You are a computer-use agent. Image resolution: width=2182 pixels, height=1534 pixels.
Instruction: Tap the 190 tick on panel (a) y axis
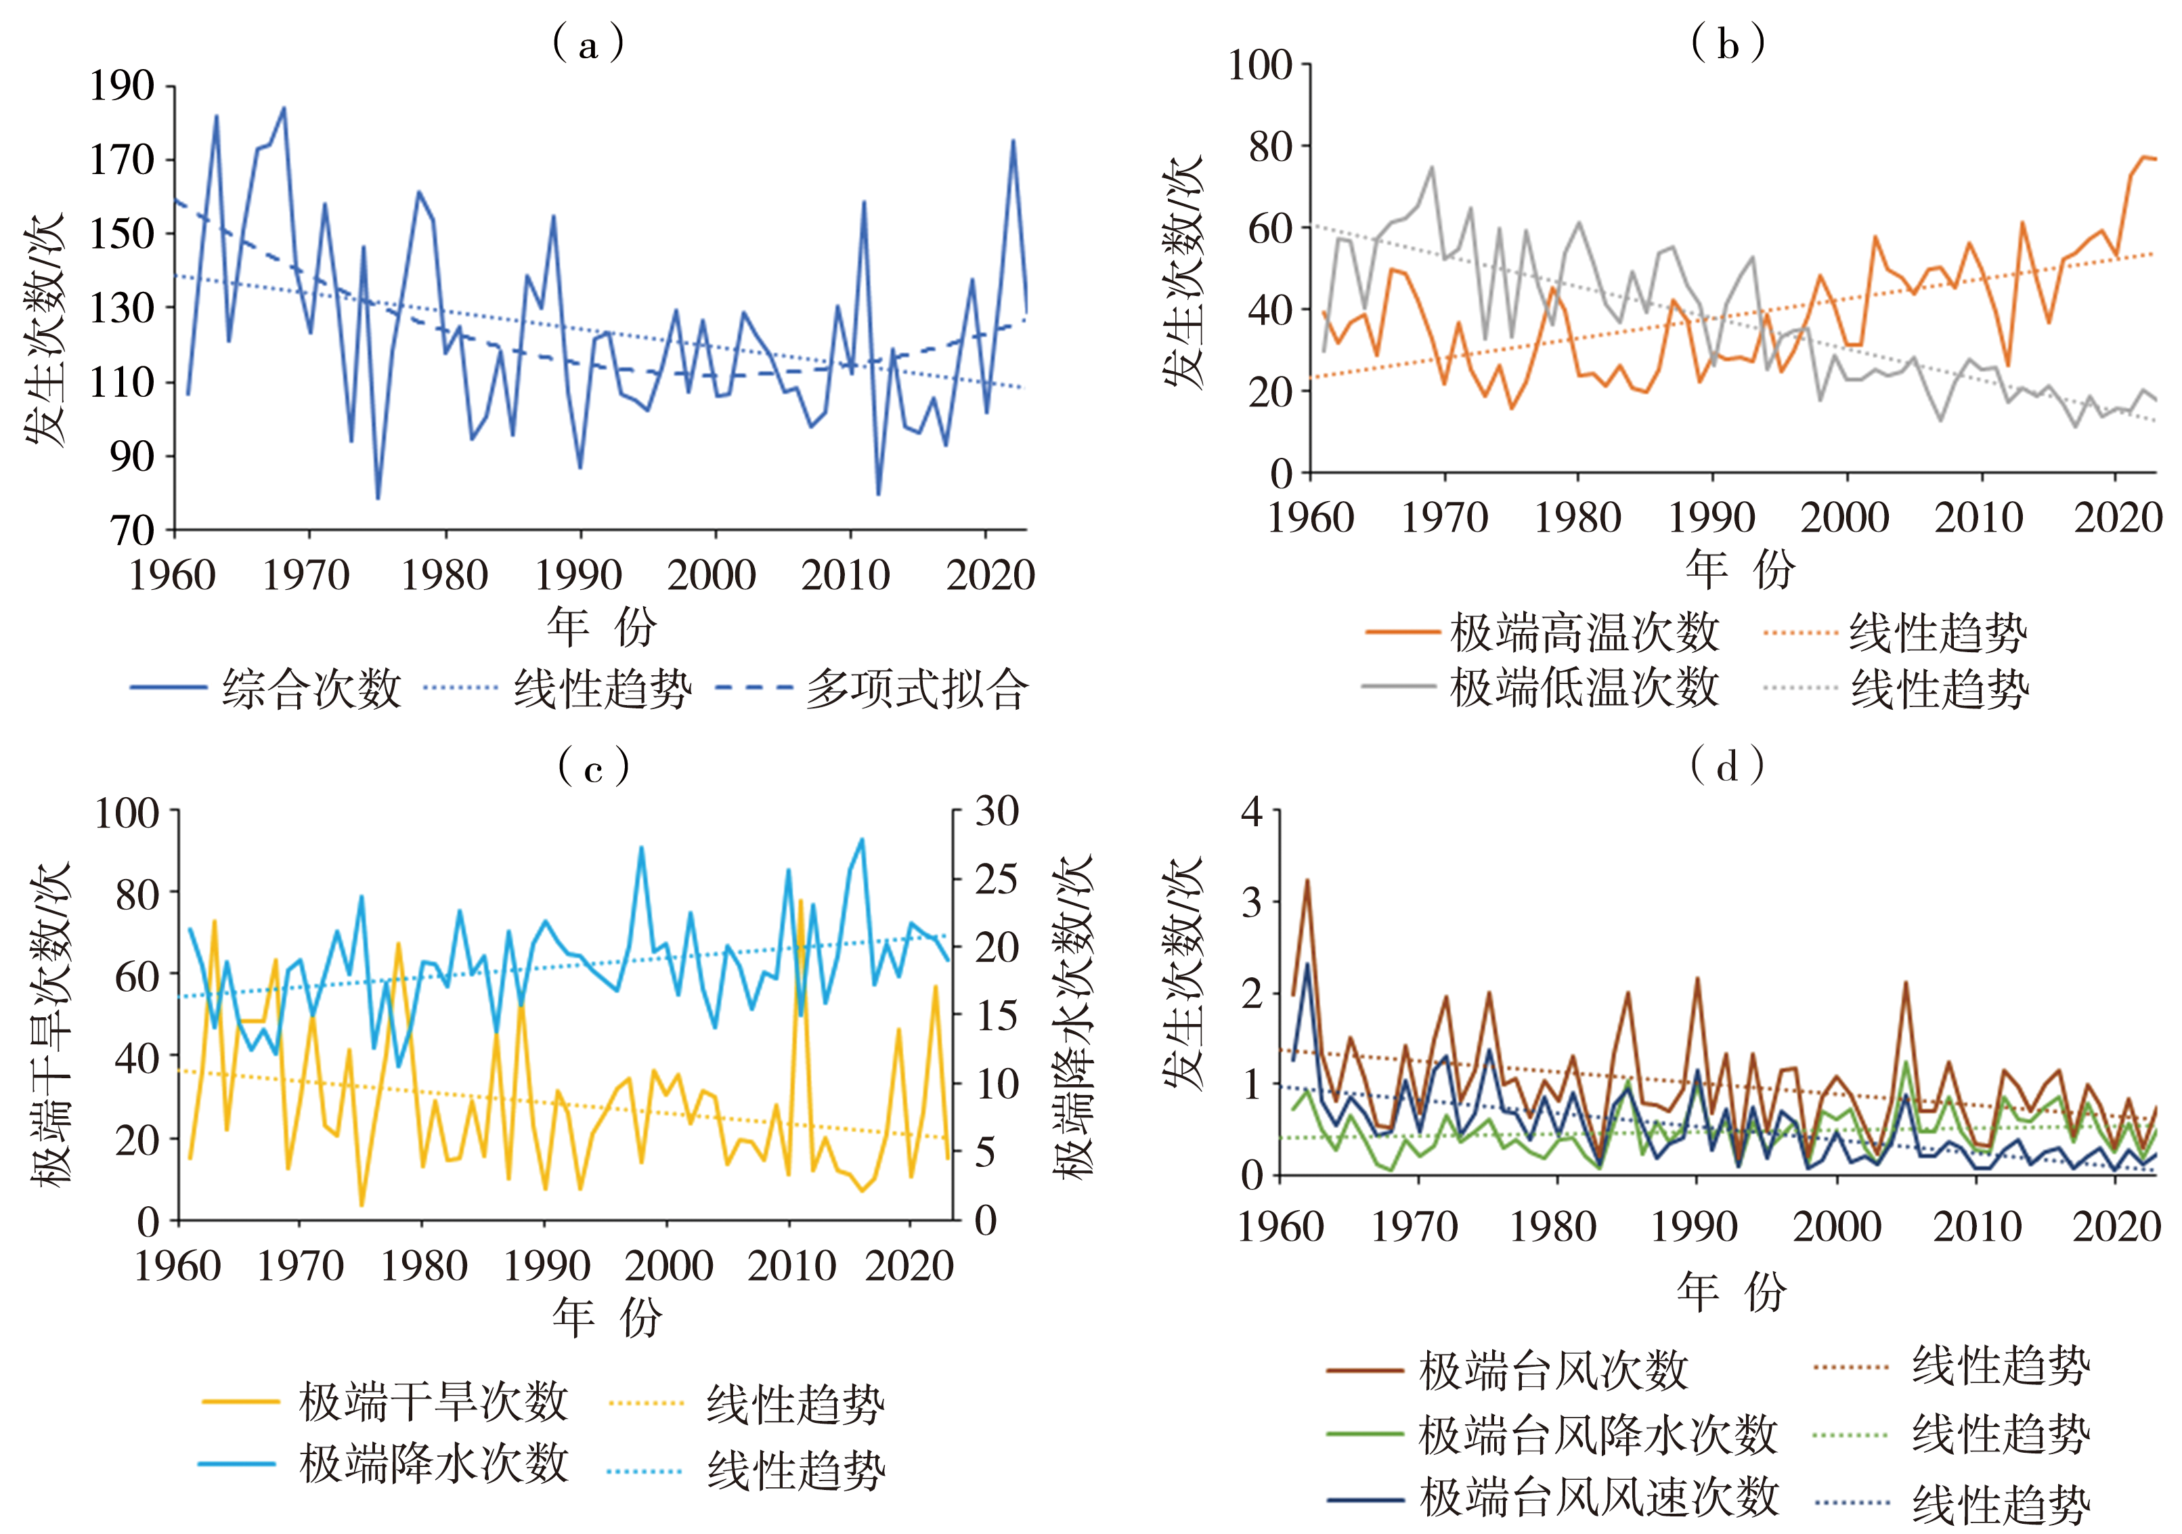(x=122, y=87)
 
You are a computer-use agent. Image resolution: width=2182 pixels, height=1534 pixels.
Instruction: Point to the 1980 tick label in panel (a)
(x=444, y=575)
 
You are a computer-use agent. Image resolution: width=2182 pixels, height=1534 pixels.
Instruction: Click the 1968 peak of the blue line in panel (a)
(x=283, y=108)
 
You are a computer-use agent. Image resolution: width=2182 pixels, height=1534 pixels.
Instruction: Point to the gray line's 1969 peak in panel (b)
(x=1431, y=168)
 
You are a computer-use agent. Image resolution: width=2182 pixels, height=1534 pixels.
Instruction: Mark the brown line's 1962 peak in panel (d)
(x=1307, y=880)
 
